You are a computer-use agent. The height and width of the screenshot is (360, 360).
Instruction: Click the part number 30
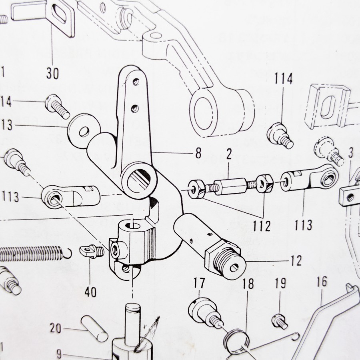click(52, 74)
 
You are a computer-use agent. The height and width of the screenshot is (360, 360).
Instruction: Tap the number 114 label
click(283, 78)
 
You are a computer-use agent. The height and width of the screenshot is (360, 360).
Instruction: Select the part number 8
click(198, 152)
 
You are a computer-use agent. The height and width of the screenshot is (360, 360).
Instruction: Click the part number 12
click(296, 261)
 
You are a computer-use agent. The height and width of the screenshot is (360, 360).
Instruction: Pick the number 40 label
click(91, 292)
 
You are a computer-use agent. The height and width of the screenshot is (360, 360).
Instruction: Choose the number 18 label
click(248, 284)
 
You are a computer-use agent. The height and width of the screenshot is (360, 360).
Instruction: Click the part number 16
click(322, 282)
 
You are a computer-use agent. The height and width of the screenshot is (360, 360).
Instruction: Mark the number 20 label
click(56, 329)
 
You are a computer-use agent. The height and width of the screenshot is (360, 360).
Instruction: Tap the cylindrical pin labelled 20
click(94, 329)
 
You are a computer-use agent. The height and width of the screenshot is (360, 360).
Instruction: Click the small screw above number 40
click(93, 251)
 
